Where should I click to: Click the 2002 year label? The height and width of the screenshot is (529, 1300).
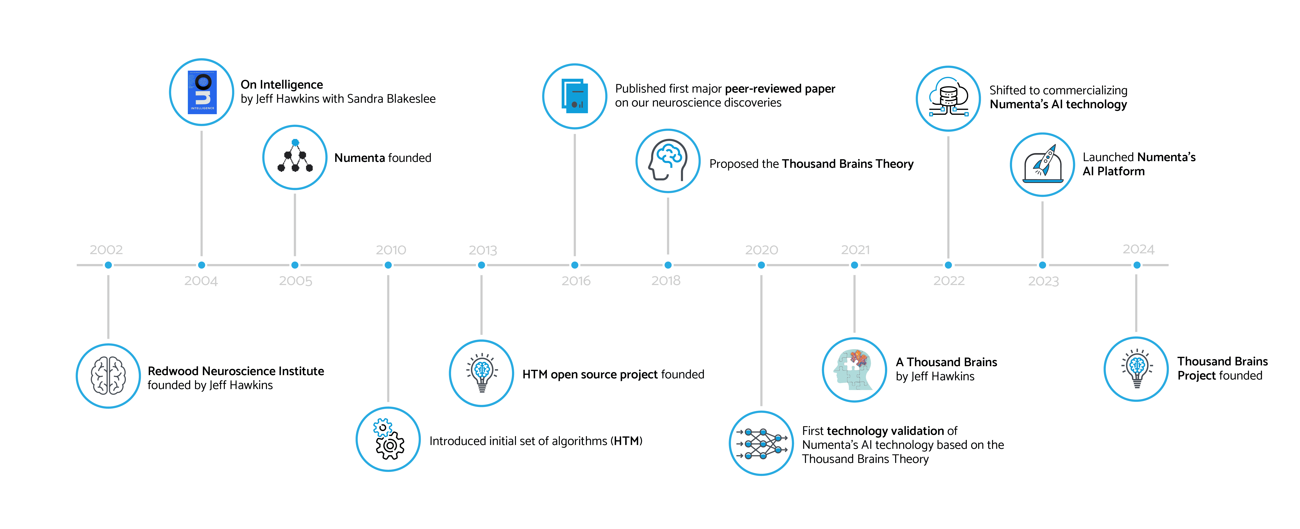pos(106,250)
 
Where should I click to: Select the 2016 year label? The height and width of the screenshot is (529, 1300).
pos(576,281)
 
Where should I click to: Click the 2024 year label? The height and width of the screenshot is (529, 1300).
pos(1139,249)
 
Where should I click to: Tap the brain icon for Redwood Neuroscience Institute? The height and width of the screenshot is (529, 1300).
pos(108,375)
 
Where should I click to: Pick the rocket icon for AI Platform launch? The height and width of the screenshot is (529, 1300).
pos(1043,164)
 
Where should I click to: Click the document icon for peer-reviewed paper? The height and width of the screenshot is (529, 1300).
pos(575,96)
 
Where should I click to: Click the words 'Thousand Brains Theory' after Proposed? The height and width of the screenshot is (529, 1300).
pos(848,164)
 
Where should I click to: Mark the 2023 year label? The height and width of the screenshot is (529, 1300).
pos(1044,281)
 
